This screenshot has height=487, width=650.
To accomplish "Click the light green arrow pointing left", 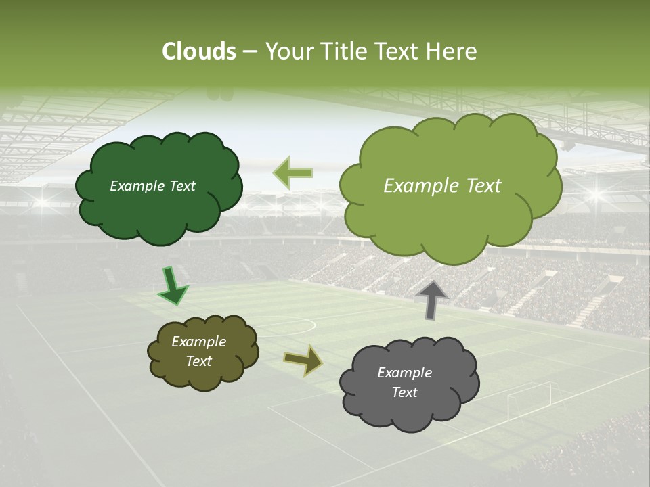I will [x=292, y=172].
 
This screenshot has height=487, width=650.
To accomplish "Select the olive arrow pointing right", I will [x=303, y=360].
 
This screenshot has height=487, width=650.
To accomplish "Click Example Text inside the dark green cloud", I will [x=152, y=186].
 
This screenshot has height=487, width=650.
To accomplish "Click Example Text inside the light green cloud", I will [x=442, y=186].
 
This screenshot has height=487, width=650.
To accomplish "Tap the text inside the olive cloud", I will [x=198, y=351].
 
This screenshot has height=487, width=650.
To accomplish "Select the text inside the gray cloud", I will [x=404, y=382].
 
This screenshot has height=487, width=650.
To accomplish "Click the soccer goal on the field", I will [x=529, y=399].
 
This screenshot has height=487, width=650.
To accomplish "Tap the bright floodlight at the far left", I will [x=44, y=201].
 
